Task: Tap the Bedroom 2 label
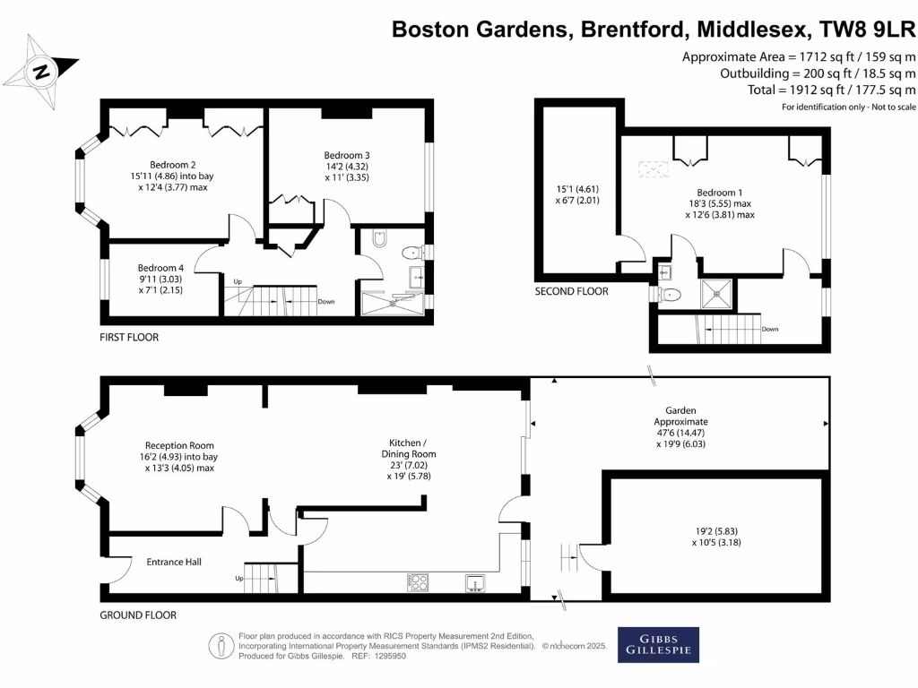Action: [173, 164]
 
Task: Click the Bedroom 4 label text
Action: [160, 268]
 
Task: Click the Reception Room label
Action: [179, 445]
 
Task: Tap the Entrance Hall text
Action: [173, 562]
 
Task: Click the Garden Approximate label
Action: [680, 415]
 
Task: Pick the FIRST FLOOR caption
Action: [129, 337]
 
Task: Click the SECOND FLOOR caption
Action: [571, 291]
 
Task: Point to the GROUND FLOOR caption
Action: [138, 615]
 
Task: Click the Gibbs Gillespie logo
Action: [658, 645]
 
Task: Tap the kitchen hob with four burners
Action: [419, 583]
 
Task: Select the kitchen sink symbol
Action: [474, 584]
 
